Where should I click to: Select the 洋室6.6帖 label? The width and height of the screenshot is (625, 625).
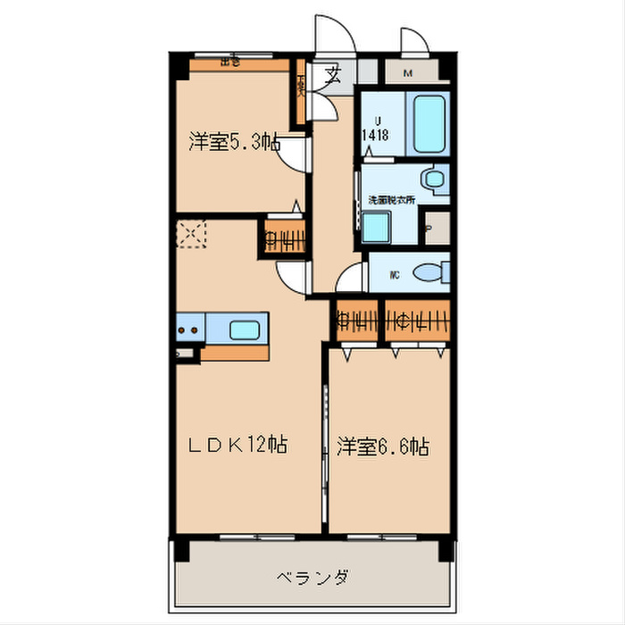pyautogui.click(x=383, y=446)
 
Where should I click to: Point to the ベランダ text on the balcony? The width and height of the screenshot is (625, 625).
pyautogui.click(x=312, y=577)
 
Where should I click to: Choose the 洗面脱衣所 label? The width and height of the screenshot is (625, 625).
pyautogui.click(x=391, y=199)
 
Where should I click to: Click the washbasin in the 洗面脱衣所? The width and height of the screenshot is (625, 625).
pyautogui.click(x=435, y=179)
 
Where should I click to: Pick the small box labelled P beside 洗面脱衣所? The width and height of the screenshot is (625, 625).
pyautogui.click(x=436, y=226)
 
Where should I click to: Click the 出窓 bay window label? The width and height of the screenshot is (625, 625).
pyautogui.click(x=230, y=62)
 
